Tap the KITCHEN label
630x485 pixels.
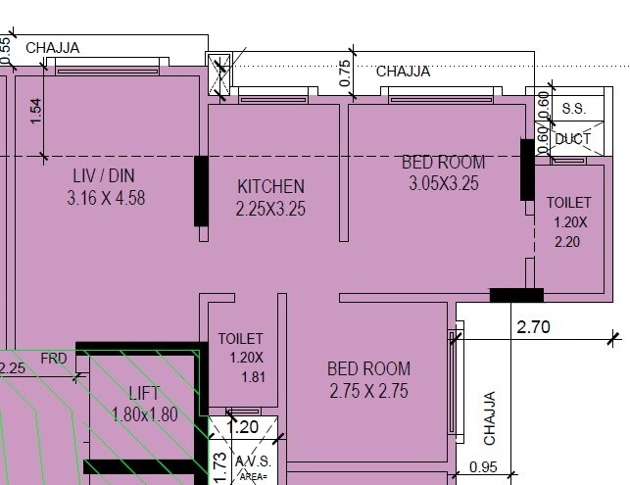[x=270, y=186]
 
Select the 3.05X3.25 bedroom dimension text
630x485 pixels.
[x=444, y=183]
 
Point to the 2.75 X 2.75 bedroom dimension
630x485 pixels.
[x=367, y=391]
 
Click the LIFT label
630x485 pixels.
[x=144, y=394]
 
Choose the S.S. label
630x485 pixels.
[x=572, y=107]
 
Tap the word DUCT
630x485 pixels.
[x=572, y=139]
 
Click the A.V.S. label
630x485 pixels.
[x=252, y=461]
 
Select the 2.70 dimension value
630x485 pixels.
[x=533, y=327]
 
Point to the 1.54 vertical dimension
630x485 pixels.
[x=36, y=111]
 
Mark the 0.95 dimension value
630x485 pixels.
[x=485, y=468]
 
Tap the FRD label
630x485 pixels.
[x=54, y=359]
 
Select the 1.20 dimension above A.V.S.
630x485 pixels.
[x=242, y=427]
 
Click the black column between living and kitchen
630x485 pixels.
[x=201, y=191]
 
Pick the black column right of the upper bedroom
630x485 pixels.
[x=527, y=170]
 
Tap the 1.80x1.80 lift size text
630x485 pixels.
[x=145, y=413]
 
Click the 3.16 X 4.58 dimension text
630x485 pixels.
[x=106, y=197]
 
